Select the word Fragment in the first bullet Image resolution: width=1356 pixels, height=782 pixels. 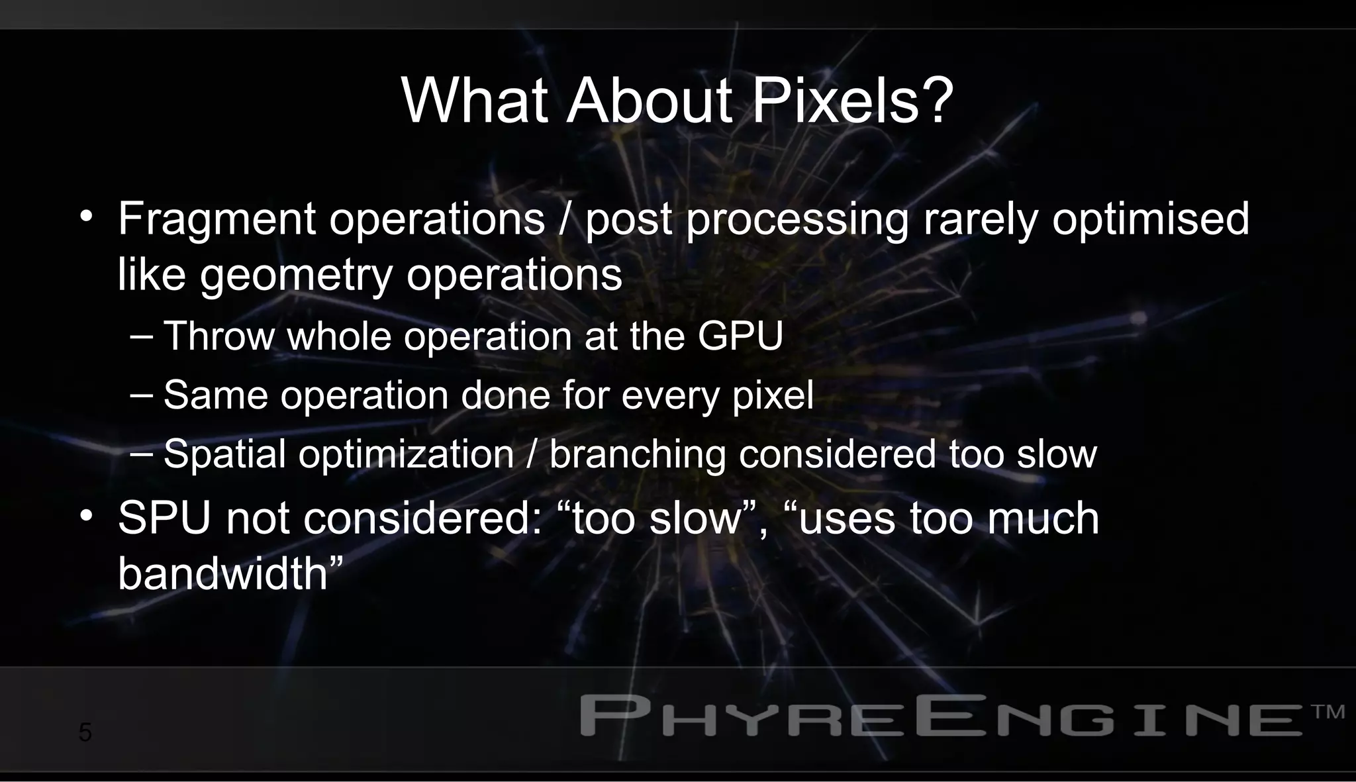(217, 220)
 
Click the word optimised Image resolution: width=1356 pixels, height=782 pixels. (1150, 220)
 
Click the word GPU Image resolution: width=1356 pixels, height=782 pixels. (740, 336)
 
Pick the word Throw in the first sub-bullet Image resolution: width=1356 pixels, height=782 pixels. (218, 336)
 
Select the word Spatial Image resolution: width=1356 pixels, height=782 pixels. (224, 455)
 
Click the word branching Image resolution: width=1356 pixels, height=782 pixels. (637, 455)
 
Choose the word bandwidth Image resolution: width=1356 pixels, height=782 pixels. (223, 573)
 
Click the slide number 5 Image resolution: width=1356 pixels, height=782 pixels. (85, 733)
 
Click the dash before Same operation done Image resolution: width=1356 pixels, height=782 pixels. (142, 395)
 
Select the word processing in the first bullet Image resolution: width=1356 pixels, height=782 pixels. (797, 220)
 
